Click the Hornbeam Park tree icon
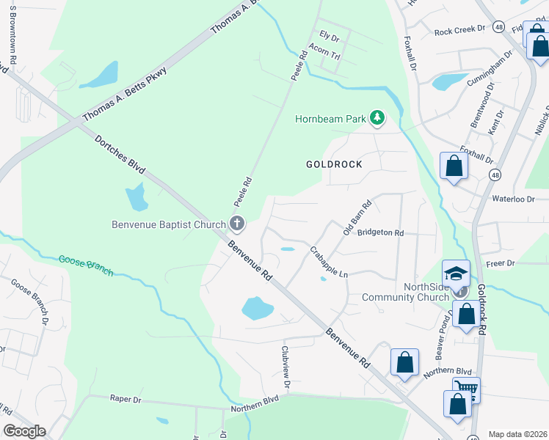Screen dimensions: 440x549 click(377, 118)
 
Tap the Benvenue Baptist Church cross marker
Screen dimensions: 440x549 click(236, 223)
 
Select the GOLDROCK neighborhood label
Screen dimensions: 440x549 click(334, 164)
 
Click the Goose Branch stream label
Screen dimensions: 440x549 click(87, 265)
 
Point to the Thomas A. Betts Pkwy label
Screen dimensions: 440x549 click(125, 95)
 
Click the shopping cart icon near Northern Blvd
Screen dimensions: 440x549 click(466, 389)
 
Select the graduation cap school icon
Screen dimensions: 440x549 click(456, 274)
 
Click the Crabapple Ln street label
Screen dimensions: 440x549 click(327, 261)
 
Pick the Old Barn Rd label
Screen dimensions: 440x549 click(357, 218)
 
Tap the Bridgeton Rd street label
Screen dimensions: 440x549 click(380, 232)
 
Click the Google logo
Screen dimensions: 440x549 click(24, 431)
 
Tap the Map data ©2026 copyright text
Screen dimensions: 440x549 click(517, 434)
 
